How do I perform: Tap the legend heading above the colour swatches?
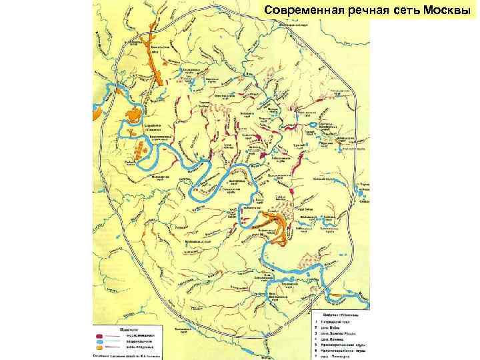[127, 329]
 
